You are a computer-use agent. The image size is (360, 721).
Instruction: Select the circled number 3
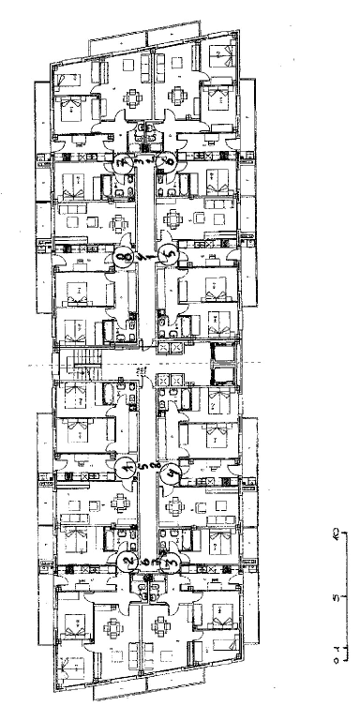pos(170,563)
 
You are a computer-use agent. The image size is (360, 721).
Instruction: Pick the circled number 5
pos(167,253)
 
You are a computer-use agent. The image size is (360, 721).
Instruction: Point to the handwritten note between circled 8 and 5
pos(144,255)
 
